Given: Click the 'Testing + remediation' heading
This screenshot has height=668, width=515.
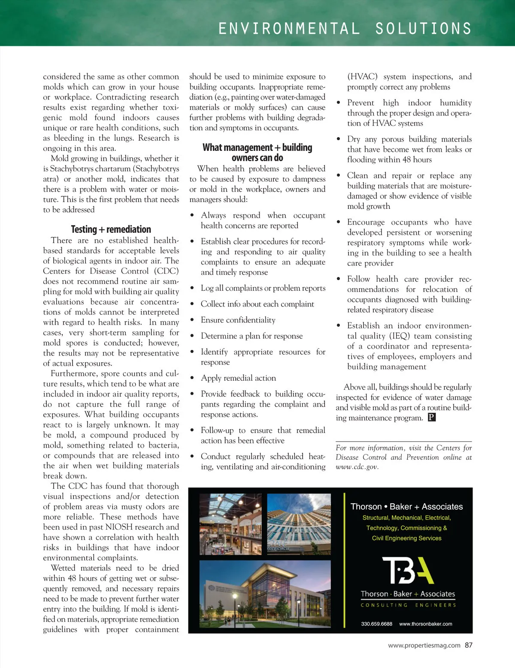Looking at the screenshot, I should [x=111, y=229].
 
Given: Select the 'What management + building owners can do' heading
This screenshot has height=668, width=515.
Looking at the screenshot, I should [x=257, y=153].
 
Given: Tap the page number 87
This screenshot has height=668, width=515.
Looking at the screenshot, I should [x=468, y=645].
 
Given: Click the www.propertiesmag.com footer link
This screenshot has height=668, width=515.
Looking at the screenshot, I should [x=424, y=645].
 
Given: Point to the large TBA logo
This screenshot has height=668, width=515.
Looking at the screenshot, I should [x=408, y=570].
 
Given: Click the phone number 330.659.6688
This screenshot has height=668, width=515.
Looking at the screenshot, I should [x=376, y=624].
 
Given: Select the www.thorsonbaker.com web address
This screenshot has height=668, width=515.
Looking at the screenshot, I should [x=425, y=624].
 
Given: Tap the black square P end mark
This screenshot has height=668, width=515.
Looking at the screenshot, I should [x=432, y=418].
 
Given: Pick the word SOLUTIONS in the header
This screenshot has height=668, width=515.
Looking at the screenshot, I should [x=423, y=29].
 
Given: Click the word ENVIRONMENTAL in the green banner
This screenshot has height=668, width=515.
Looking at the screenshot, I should [x=289, y=29].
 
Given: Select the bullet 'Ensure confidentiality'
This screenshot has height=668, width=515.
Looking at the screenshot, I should [x=238, y=320].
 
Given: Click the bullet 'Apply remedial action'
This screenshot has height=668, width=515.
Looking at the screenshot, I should [x=238, y=378].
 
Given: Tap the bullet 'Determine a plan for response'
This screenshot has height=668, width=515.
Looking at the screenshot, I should [x=251, y=336].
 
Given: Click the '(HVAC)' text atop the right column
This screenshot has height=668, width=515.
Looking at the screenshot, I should [x=362, y=77].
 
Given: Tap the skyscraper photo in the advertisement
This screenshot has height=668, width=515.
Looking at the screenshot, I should [x=299, y=524].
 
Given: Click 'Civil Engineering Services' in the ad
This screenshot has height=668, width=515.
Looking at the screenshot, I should [x=406, y=538].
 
